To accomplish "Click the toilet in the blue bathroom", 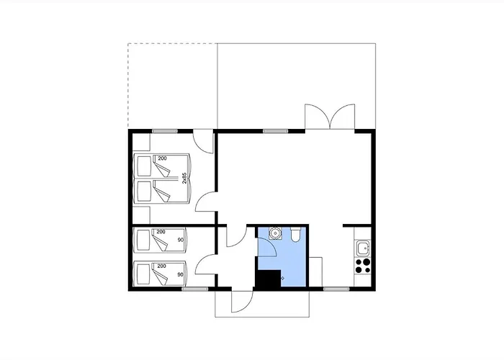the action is (295, 235).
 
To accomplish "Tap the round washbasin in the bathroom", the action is (275, 233).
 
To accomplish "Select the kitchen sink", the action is (363, 248).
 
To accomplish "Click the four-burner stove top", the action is (363, 266).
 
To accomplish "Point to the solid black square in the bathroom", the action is (269, 279).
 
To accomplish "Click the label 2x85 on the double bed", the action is (184, 178).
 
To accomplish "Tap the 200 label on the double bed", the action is (162, 158).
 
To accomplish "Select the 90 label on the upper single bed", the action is (180, 240).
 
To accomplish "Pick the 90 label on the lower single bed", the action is (180, 274).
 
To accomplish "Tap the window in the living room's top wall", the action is (276, 131).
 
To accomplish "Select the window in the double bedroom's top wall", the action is (165, 131).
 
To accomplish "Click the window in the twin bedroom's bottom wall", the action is (195, 289).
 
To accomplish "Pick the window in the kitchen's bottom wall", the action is (336, 289).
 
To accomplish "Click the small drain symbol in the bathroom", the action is (283, 278).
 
